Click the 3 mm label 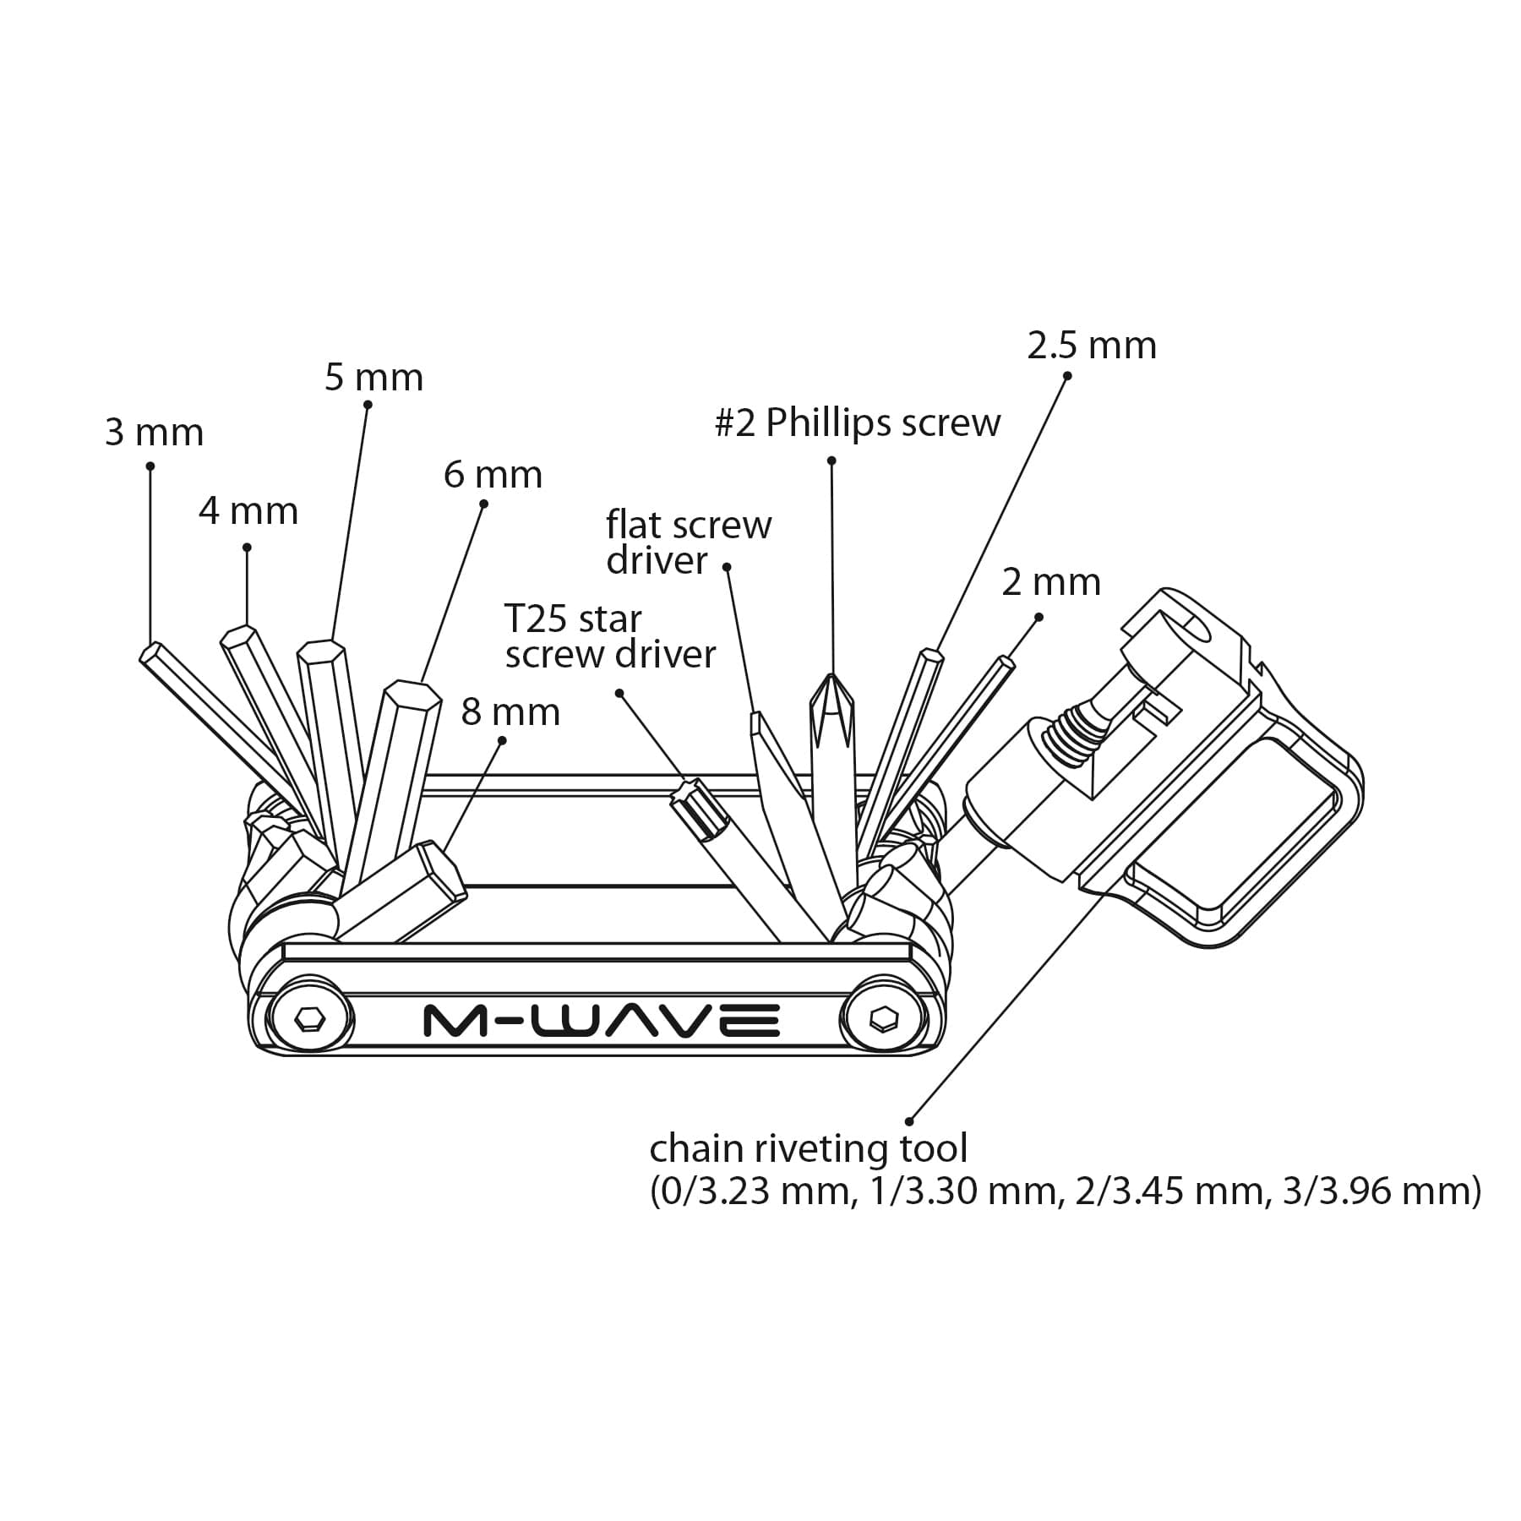pyautogui.click(x=155, y=433)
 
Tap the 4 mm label pyautogui.click(x=248, y=511)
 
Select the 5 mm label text pyautogui.click(x=373, y=377)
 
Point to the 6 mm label pyautogui.click(x=493, y=475)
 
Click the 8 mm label pyautogui.click(x=510, y=712)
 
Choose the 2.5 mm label pyautogui.click(x=1091, y=346)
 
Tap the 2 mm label pyautogui.click(x=1051, y=582)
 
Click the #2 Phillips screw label pyautogui.click(x=857, y=422)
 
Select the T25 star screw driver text pyautogui.click(x=609, y=637)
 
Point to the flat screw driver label pyautogui.click(x=688, y=542)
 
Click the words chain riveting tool pyautogui.click(x=808, y=1149)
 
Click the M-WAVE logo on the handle pyautogui.click(x=601, y=1021)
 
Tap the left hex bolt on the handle pyautogui.click(x=309, y=1020)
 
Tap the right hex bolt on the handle pyautogui.click(x=883, y=1020)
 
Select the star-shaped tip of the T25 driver pyautogui.click(x=689, y=797)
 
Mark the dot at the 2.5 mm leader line pyautogui.click(x=1066, y=376)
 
